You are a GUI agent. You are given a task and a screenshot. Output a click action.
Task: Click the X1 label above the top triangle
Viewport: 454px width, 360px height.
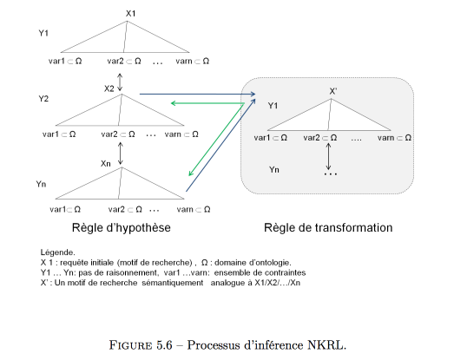(130, 14)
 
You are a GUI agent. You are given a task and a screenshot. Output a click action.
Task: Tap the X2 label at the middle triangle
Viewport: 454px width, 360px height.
(109, 88)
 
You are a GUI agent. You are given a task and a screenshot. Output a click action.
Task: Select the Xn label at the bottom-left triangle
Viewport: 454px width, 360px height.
(106, 164)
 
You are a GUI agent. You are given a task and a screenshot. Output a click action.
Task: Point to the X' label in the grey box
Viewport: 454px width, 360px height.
(333, 91)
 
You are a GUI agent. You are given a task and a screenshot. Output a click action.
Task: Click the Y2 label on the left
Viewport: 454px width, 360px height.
(43, 99)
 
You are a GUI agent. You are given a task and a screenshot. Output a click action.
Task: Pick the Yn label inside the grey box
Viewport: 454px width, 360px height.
(274, 169)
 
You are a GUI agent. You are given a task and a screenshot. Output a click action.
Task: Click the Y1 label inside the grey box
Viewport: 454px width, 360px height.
(273, 106)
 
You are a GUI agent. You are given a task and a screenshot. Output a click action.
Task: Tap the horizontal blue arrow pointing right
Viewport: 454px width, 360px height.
(197, 94)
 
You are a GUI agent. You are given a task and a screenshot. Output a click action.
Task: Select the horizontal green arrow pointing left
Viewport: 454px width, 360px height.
(207, 103)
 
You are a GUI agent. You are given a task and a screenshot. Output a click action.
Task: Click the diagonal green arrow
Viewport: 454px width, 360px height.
(216, 140)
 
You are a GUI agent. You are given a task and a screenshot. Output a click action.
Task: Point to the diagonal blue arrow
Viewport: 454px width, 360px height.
(220, 145)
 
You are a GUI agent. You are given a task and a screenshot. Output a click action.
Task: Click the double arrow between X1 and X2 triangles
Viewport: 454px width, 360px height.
(120, 82)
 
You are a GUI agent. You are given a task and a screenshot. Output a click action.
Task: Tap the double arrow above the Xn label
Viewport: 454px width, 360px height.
(121, 154)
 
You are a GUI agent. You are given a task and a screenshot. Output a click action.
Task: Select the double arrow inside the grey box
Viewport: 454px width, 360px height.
(328, 156)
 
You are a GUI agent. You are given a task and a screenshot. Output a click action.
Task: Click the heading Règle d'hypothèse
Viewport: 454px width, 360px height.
(122, 228)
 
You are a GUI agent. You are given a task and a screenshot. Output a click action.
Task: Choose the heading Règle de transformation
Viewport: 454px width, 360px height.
(328, 228)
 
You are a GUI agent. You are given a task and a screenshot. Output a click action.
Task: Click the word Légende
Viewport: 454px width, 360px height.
(58, 252)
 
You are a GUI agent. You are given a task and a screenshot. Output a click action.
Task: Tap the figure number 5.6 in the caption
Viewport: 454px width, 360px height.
(164, 345)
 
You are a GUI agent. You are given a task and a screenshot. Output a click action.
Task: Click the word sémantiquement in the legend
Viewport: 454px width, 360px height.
(173, 283)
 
